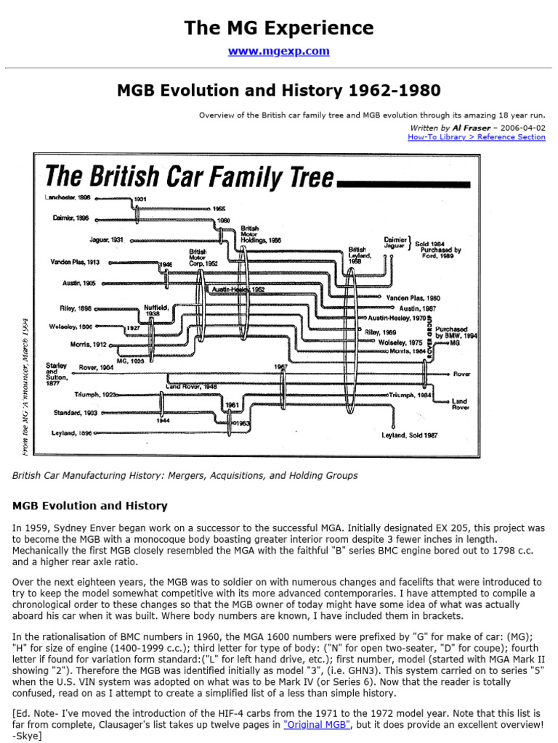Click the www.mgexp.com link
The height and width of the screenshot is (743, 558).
point(279,52)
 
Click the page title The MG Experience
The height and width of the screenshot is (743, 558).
point(279,28)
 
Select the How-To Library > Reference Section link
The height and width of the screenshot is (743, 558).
point(477,136)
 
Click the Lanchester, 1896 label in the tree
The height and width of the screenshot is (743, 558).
point(69,197)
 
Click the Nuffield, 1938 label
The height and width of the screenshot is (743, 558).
point(156,311)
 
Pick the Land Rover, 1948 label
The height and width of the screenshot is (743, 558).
point(191,386)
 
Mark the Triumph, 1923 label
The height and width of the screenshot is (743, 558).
point(97,395)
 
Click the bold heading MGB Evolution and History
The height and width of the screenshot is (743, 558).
point(90,506)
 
